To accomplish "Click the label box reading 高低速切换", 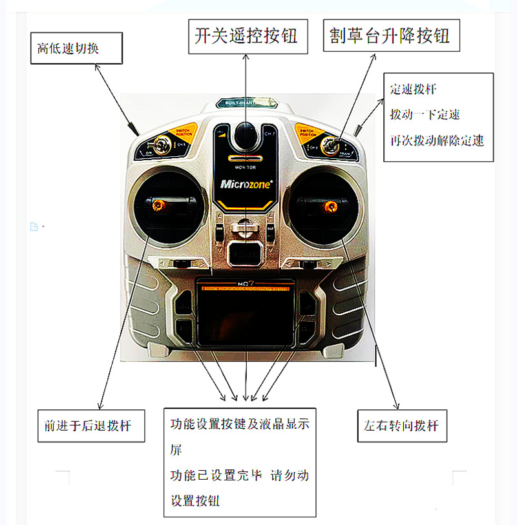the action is click(x=76, y=48).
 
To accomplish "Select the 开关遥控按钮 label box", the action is click(x=246, y=36).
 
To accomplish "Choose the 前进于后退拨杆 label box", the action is click(x=90, y=426).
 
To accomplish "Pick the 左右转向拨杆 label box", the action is click(x=401, y=426).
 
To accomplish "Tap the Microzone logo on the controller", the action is click(x=246, y=183).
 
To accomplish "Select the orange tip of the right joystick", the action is click(x=331, y=207).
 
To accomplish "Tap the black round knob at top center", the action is click(x=245, y=134).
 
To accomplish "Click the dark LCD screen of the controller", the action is click(x=246, y=319).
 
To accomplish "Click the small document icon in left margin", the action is click(x=34, y=226).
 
